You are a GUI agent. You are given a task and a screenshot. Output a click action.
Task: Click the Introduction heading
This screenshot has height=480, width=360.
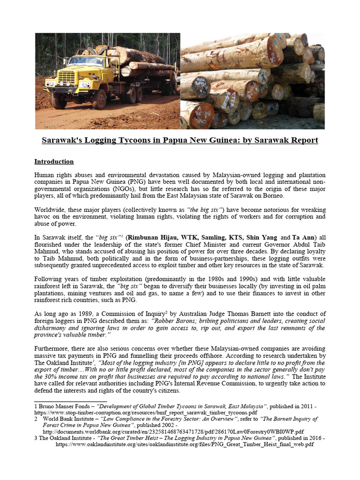[x=54, y=162]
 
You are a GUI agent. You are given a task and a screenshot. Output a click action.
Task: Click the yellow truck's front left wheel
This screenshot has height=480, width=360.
[x=59, y=100]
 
